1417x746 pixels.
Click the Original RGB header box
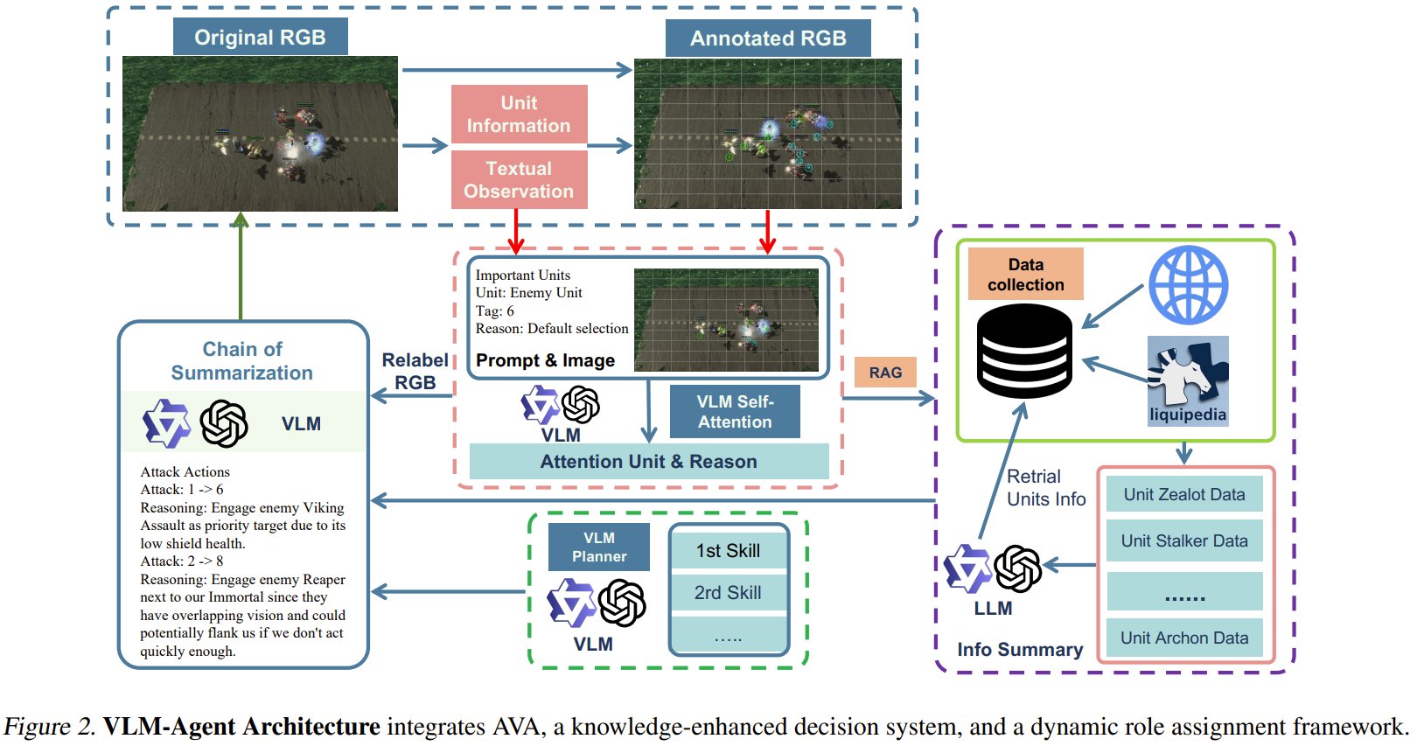260,37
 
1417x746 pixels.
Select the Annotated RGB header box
768,38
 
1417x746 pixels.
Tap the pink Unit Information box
519,114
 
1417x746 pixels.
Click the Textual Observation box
519,179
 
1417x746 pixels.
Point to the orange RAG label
885,372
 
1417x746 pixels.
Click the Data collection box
1025,274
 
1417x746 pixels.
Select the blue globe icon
1189,285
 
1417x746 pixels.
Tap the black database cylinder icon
1024,352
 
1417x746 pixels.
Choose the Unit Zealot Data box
1184,494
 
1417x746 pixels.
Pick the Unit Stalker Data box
1184,540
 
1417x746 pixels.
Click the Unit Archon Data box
1184,638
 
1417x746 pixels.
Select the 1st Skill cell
728,550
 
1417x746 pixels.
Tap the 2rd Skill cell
728,593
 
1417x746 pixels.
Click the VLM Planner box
598,547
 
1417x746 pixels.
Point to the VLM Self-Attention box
735,411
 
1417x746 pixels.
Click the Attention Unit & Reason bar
649,461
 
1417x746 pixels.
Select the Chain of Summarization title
242,360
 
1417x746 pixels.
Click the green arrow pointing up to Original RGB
241,266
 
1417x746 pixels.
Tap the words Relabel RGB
415,372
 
